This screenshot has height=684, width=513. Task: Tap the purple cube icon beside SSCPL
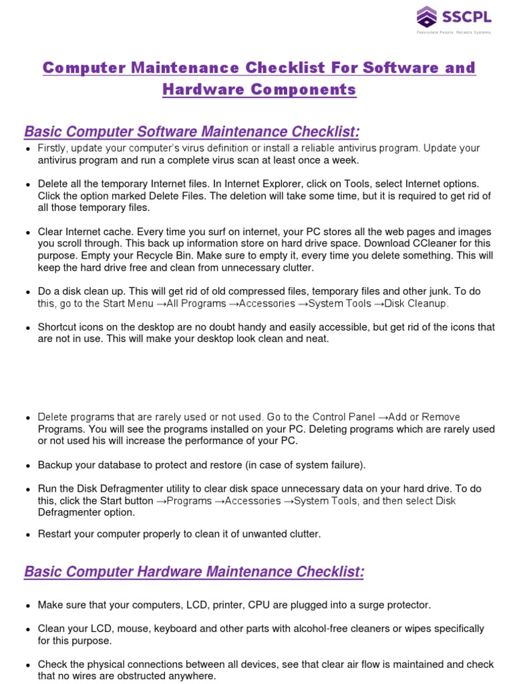tap(426, 17)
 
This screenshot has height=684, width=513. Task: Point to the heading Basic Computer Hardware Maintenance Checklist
tap(194, 572)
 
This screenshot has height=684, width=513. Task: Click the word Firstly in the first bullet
tap(52, 148)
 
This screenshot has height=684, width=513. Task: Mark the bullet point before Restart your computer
tap(27, 535)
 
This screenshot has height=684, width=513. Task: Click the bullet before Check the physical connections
tap(27, 665)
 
